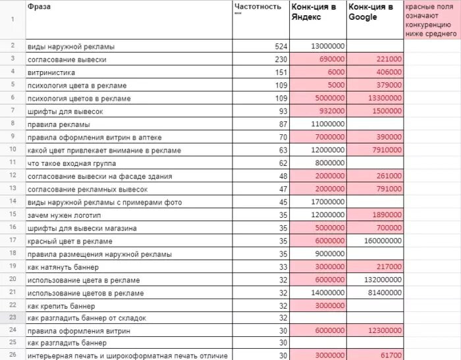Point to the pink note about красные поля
click(x=432, y=20)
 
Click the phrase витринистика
click(x=51, y=72)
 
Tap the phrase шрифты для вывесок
click(x=65, y=111)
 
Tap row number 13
click(x=13, y=189)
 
